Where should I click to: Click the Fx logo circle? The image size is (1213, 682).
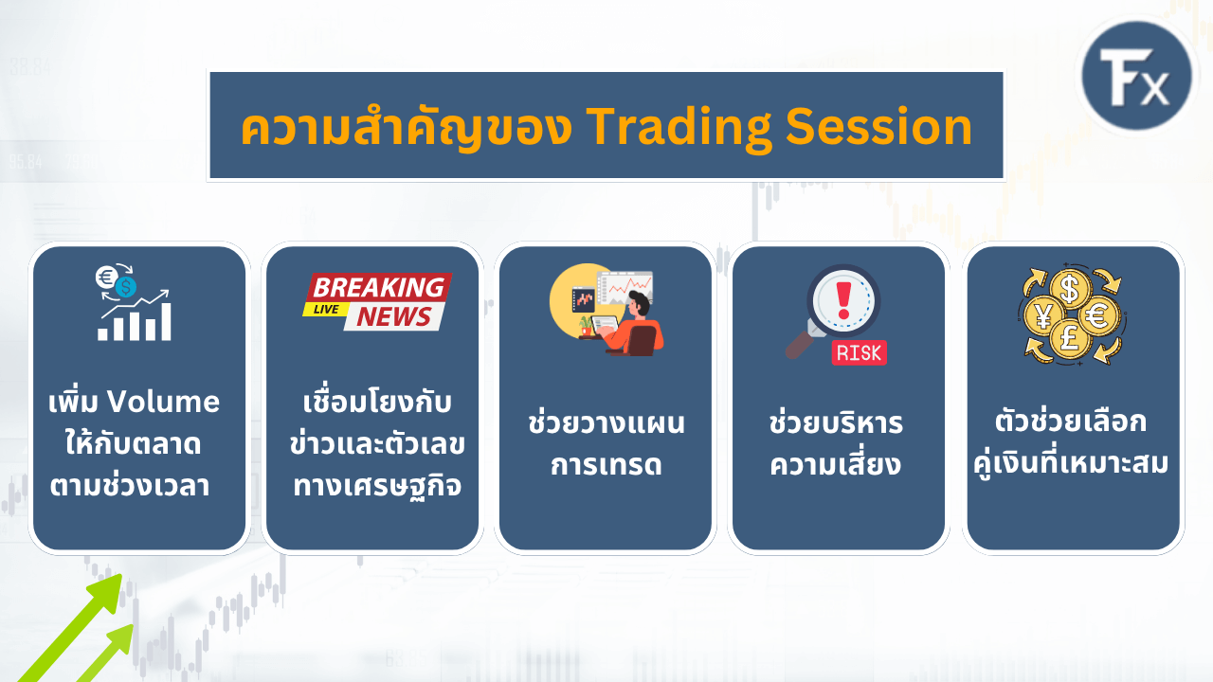point(1136,77)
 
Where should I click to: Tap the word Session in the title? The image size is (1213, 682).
point(878,126)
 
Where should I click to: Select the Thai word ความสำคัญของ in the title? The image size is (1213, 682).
point(407,126)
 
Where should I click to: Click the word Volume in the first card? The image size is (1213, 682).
point(163,402)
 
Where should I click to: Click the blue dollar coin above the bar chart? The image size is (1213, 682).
point(126,286)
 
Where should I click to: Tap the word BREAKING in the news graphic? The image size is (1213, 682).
point(379,287)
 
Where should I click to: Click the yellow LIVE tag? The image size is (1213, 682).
point(326,309)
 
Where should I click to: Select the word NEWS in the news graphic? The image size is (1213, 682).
point(393,316)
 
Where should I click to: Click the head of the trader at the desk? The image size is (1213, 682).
point(639,303)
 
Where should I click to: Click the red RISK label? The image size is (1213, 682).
point(859,353)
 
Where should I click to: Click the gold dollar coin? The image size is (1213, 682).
point(1070,289)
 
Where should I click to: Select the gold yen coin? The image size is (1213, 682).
point(1043,316)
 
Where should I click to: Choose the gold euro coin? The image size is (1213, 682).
point(1099,315)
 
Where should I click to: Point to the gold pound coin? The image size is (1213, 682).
point(1070,340)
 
